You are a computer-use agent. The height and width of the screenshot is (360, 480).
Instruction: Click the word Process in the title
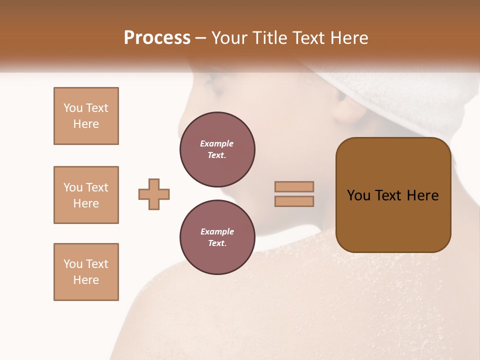(x=157, y=38)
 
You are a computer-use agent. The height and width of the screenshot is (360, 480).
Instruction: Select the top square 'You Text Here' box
(x=86, y=116)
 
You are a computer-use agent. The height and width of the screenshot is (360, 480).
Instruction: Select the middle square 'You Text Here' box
(x=86, y=195)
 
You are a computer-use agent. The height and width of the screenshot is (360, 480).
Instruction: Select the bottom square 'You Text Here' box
(x=86, y=272)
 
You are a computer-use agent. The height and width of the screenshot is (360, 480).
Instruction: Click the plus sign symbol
(x=154, y=194)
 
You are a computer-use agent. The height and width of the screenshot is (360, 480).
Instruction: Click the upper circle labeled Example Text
(x=217, y=149)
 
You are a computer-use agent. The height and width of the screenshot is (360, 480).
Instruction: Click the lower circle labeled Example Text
(x=217, y=237)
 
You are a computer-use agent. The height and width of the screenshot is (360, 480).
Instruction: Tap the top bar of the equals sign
(x=294, y=186)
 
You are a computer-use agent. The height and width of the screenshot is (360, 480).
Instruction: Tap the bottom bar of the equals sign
(x=294, y=201)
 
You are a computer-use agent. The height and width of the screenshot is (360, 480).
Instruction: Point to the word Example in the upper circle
(x=217, y=143)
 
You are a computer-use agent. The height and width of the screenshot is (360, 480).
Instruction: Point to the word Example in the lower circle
(x=217, y=231)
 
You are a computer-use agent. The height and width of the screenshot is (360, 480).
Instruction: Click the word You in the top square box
(x=73, y=108)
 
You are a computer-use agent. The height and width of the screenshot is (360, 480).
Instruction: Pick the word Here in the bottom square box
(x=86, y=280)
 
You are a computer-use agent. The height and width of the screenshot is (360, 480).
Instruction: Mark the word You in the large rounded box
(x=358, y=195)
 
